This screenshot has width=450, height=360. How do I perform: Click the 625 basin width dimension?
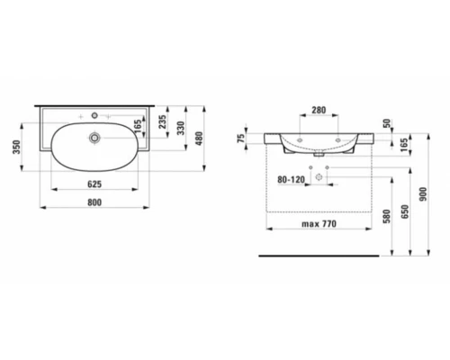point(94,184)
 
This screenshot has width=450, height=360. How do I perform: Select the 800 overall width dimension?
point(94,202)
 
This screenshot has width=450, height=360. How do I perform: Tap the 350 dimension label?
point(16,147)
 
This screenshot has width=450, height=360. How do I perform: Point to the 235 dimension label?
point(162,121)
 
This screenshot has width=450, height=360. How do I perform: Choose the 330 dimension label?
point(181,128)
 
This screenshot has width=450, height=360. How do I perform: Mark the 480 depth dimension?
point(199,139)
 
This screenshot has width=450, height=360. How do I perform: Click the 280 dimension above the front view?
point(319,110)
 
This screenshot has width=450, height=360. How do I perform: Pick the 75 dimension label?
point(240,139)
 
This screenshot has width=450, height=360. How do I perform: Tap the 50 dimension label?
point(387,123)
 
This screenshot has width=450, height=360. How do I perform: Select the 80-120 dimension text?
point(291,180)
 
